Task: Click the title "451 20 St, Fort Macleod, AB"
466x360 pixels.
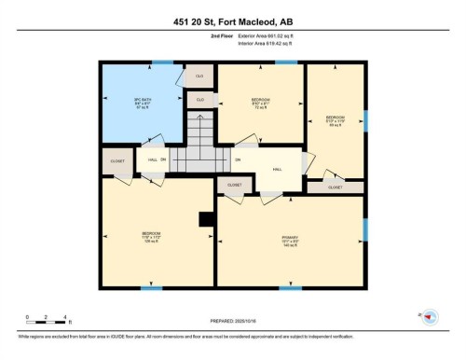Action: click(x=232, y=21)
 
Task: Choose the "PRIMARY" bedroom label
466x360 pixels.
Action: click(x=290, y=240)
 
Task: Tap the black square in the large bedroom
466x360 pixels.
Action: click(x=205, y=220)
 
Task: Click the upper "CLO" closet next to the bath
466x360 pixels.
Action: click(x=199, y=75)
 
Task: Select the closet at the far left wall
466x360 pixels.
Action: click(x=117, y=161)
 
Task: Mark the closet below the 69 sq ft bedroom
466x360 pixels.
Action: click(x=335, y=187)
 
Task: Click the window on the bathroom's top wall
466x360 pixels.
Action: click(x=163, y=62)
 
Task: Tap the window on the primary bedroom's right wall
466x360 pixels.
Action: click(x=365, y=229)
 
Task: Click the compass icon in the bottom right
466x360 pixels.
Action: click(x=430, y=318)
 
